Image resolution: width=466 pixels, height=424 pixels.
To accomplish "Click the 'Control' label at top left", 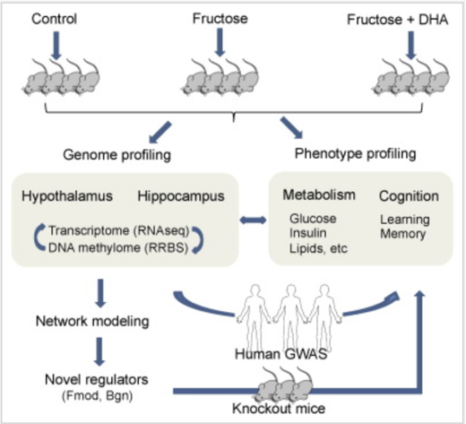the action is (x=54, y=19).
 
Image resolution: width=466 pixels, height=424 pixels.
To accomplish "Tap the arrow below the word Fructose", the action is (x=220, y=42).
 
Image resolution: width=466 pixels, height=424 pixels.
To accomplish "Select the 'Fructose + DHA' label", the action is (x=397, y=20).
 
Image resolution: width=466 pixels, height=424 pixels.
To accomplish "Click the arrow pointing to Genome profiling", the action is (x=160, y=132).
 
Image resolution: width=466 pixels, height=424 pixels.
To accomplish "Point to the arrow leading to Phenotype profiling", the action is (x=291, y=127).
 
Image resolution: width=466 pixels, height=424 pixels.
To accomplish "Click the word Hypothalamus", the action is (x=67, y=196).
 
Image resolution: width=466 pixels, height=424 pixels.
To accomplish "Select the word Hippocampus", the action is (x=181, y=196).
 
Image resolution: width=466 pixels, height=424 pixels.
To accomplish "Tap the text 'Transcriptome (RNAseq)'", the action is (x=119, y=230).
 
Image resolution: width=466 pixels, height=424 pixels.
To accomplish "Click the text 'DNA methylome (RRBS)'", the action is (x=118, y=247).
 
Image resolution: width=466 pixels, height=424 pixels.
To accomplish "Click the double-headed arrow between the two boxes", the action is (x=253, y=221).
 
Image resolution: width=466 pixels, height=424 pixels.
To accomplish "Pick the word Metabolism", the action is (x=319, y=195).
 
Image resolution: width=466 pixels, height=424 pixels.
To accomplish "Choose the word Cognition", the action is (x=409, y=196).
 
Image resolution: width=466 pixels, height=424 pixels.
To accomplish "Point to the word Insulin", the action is (x=307, y=233).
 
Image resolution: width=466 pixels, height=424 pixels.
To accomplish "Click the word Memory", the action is (x=402, y=234).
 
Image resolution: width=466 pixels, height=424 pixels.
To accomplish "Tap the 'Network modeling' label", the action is (x=92, y=322).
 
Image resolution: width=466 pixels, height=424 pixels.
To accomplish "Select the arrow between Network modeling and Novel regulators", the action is (x=99, y=351).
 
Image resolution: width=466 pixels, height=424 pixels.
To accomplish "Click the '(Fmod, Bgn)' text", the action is (x=98, y=396).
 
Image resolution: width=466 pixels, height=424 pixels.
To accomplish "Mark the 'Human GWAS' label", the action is (x=280, y=354).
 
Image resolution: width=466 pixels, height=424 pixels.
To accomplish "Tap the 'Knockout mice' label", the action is (x=279, y=409).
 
